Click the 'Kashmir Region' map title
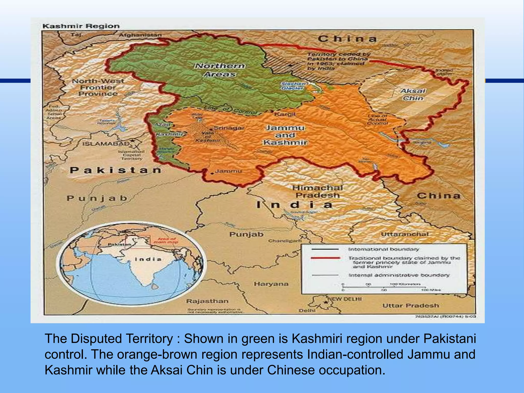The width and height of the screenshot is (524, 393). click(x=81, y=26)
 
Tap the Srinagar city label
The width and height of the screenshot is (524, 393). click(x=229, y=128)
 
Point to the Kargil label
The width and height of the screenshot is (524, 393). click(x=285, y=114)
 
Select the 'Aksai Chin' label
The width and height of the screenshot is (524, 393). click(x=413, y=94)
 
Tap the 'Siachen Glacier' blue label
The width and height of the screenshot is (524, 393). click(x=293, y=86)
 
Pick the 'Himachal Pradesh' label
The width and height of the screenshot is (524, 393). click(x=317, y=191)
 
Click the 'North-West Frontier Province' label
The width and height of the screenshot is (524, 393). click(x=98, y=87)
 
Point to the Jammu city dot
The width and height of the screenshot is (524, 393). click(x=212, y=173)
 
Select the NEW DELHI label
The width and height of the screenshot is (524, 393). click(x=345, y=299)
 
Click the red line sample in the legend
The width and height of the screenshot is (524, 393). click(x=325, y=258)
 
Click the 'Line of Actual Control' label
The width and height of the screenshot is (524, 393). click(x=377, y=119)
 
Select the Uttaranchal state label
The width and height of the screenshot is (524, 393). click(x=405, y=234)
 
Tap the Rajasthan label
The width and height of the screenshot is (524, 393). click(x=207, y=301)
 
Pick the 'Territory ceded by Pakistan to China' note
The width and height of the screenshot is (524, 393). click(x=338, y=61)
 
